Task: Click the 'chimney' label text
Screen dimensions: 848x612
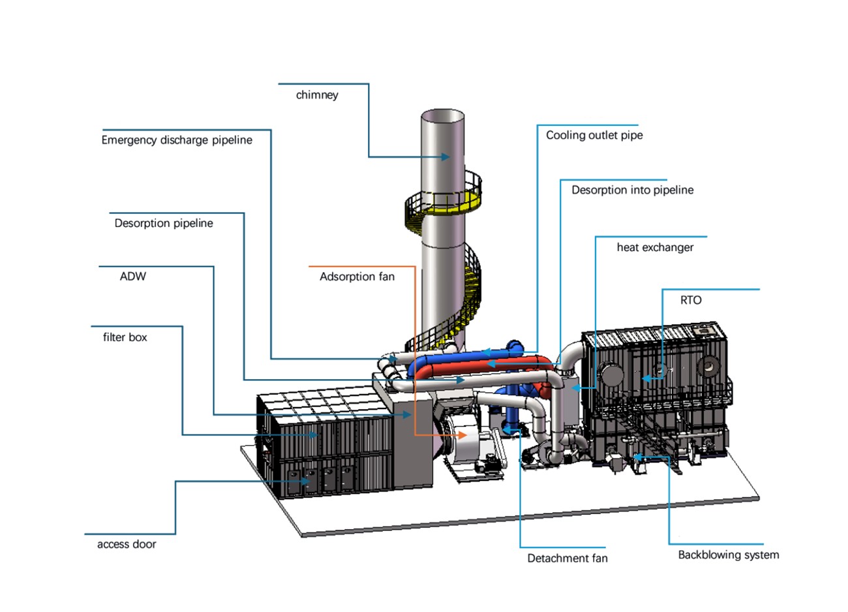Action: (317, 95)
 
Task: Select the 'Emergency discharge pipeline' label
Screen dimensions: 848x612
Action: (177, 140)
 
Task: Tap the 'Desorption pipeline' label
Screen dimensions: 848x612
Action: (164, 223)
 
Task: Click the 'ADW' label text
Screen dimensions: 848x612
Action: (133, 277)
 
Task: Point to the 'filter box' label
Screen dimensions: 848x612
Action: (125, 337)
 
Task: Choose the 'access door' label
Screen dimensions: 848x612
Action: (127, 544)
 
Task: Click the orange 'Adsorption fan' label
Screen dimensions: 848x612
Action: (357, 277)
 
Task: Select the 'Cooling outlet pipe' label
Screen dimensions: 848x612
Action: (594, 135)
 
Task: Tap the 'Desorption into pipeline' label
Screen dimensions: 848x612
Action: (633, 190)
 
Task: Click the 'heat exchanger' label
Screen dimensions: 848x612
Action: (656, 247)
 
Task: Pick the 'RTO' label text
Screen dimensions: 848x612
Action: (691, 300)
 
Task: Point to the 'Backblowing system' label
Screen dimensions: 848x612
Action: (729, 555)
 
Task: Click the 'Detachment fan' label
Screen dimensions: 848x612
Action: (568, 558)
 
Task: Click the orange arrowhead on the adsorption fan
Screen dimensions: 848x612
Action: (462, 435)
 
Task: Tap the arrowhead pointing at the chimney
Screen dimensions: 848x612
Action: (446, 157)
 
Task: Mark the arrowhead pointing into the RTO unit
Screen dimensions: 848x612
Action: (646, 378)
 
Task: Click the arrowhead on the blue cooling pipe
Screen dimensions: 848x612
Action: (486, 352)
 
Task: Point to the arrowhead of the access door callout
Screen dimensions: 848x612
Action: (305, 482)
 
